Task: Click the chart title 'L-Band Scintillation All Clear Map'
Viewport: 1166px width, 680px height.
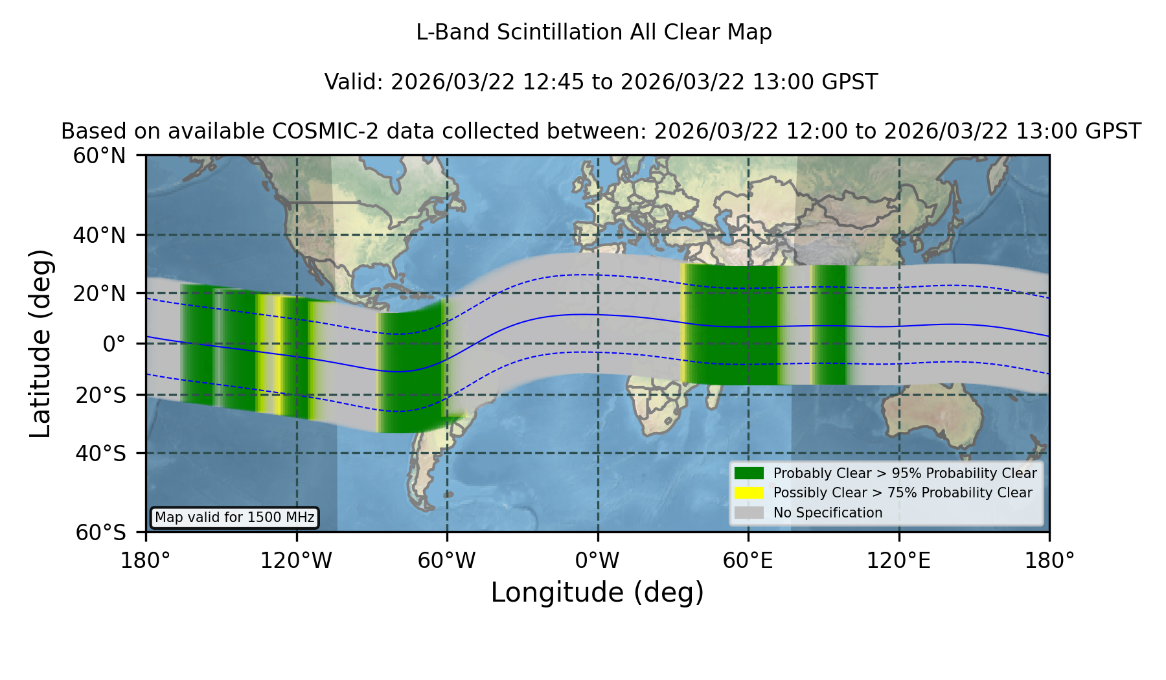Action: (x=594, y=32)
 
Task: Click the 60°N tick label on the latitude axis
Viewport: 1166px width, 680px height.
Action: (x=99, y=155)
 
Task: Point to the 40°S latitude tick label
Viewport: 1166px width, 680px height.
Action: (x=100, y=453)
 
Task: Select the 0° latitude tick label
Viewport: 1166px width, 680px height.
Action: (x=114, y=343)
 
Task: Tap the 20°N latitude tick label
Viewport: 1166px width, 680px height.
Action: (x=99, y=293)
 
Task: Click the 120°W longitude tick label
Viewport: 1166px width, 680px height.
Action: (x=296, y=560)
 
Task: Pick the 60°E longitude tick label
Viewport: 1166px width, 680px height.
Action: (x=748, y=560)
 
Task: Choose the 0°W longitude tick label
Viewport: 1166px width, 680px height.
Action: (x=597, y=560)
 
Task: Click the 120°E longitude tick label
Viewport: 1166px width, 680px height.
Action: (x=898, y=560)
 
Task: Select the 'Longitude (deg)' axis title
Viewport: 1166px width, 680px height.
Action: (x=597, y=593)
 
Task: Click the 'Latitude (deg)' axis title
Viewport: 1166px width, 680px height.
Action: (x=40, y=343)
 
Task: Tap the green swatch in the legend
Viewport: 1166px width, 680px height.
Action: (x=749, y=473)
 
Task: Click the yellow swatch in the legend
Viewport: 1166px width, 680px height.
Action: (x=749, y=493)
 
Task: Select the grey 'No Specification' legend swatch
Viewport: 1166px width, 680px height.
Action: (x=749, y=513)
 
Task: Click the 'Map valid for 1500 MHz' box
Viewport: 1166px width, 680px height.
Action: (x=234, y=517)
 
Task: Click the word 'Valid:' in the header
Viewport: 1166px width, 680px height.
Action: (x=354, y=82)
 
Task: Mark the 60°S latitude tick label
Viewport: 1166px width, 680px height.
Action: (x=100, y=532)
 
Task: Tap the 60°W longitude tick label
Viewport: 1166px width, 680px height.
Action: (x=446, y=560)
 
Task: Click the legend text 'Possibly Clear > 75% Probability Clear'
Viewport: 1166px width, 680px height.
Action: (x=902, y=493)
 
